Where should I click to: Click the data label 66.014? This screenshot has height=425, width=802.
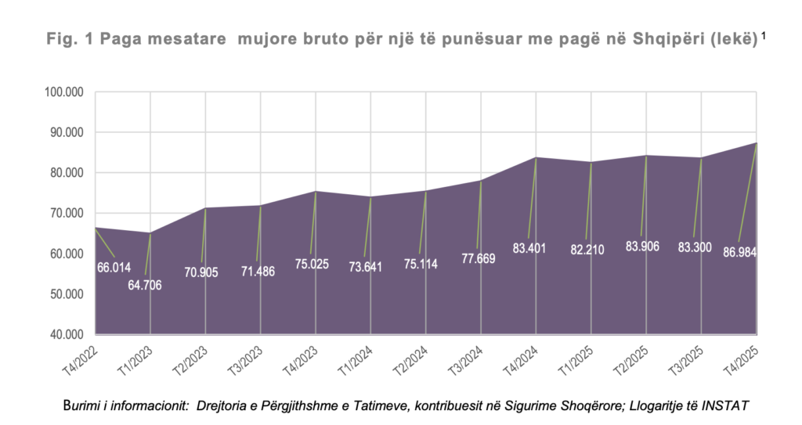point(114,268)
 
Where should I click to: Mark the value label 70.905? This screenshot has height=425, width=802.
point(201,272)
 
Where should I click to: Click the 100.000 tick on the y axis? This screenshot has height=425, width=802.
point(66,92)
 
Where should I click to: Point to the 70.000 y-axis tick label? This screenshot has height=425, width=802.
point(68,214)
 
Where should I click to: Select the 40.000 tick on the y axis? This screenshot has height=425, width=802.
point(68,335)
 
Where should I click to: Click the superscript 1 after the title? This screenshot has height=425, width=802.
point(764,34)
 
